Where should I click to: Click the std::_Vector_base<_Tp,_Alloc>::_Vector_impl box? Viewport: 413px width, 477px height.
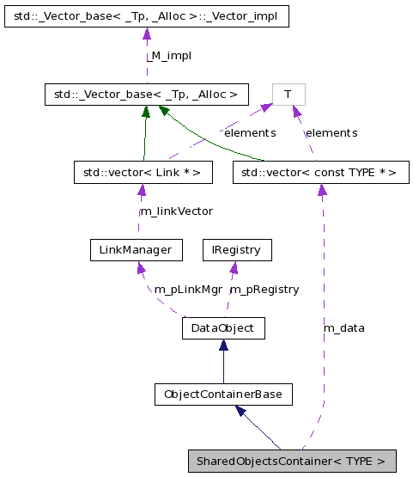pyautogui.click(x=145, y=15)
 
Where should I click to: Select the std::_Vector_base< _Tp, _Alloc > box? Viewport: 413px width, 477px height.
pyautogui.click(x=146, y=95)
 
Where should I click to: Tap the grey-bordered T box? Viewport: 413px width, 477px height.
pyautogui.click(x=288, y=95)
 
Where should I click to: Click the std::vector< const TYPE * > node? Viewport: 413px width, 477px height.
pyautogui.click(x=320, y=173)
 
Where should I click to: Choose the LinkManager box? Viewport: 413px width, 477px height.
pyautogui.click(x=137, y=250)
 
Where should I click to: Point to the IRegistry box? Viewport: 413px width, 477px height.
pyautogui.click(x=235, y=250)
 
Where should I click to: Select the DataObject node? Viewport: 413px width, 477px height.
pyautogui.click(x=223, y=328)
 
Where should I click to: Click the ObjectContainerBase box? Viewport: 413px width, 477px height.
pyautogui.click(x=223, y=394)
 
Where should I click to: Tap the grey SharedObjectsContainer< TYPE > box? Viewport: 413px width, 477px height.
pyautogui.click(x=292, y=462)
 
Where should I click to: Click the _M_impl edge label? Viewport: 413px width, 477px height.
pyautogui.click(x=167, y=55)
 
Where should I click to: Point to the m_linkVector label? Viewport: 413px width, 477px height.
pyautogui.click(x=175, y=211)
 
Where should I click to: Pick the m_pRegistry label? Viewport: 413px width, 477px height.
pyautogui.click(x=264, y=290)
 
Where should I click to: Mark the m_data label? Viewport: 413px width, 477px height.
pyautogui.click(x=343, y=327)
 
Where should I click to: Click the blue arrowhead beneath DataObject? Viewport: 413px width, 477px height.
pyautogui.click(x=223, y=346)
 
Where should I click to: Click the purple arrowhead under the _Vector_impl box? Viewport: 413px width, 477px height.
pyautogui.click(x=146, y=34)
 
